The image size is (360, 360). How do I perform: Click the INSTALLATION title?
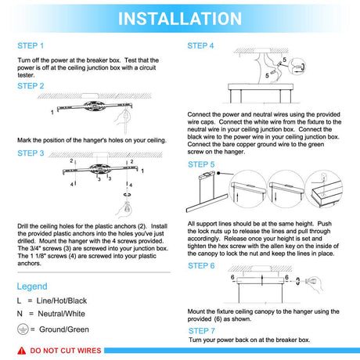click(x=180, y=19)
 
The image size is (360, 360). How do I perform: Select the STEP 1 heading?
click(x=31, y=46)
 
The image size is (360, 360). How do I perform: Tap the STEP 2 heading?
click(x=31, y=86)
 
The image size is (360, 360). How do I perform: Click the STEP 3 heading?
click(x=31, y=153)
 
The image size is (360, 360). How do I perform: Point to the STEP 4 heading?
click(x=200, y=46)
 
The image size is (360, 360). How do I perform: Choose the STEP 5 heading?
click(x=201, y=164)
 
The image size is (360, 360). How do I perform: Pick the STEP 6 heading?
click(x=201, y=266)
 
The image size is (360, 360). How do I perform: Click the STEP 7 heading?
click(x=202, y=331)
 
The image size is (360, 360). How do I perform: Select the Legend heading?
click(x=32, y=286)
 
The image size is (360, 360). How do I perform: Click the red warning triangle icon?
click(x=22, y=351)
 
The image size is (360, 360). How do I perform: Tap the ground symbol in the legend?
click(x=23, y=329)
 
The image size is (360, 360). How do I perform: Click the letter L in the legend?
click(x=19, y=301)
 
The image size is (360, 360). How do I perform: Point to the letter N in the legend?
click(x=20, y=314)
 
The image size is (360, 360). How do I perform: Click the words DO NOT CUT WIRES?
click(x=66, y=351)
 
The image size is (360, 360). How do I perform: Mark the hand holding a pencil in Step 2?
click(x=123, y=120)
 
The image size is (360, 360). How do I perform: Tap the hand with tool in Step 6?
click(x=315, y=283)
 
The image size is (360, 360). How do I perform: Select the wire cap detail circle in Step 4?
click(x=297, y=67)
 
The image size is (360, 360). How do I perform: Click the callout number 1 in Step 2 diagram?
click(x=52, y=113)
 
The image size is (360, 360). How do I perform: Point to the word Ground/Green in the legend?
click(x=64, y=329)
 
